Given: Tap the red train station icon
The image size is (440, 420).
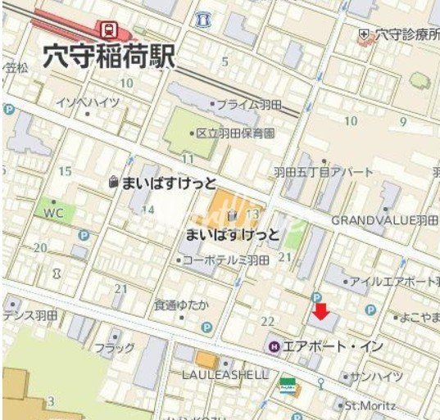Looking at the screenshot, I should (x=108, y=29).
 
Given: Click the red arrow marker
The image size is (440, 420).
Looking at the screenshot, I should (x=322, y=312).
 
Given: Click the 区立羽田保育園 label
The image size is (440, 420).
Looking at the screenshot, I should (x=235, y=133).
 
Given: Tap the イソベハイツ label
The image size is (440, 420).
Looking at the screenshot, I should (x=88, y=102).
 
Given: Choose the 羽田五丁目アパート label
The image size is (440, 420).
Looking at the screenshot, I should (x=323, y=172).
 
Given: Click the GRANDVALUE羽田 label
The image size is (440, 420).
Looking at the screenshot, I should (x=385, y=220).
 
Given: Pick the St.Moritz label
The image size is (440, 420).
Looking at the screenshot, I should (x=370, y=405).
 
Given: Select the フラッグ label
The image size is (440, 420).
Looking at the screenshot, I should (x=114, y=348).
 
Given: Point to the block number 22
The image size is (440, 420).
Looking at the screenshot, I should (x=267, y=320).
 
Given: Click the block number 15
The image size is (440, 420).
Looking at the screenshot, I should (x=65, y=171).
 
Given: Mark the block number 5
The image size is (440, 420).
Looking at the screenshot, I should (x=225, y=61).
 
